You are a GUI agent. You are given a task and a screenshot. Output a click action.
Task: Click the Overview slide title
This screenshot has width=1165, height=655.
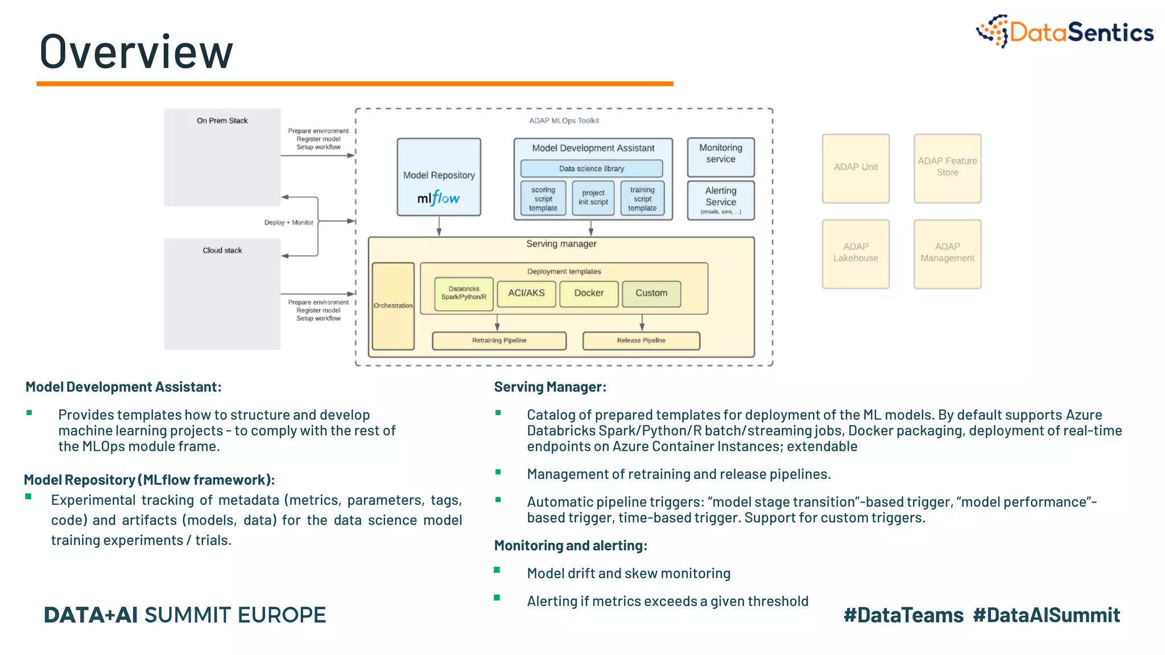click(x=137, y=52)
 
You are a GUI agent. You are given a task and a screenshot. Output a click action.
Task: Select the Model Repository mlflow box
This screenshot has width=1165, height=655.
click(x=439, y=177)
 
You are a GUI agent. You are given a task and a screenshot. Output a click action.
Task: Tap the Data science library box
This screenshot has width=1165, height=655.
click(x=591, y=168)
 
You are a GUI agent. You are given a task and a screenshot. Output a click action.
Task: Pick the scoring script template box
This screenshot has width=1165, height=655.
click(x=543, y=198)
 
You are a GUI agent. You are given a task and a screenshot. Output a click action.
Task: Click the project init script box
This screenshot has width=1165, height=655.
click(x=593, y=198)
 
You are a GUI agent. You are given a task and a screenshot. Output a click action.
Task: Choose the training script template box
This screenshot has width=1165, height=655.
click(x=642, y=198)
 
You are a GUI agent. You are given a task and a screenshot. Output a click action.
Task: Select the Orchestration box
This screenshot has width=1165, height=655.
click(x=393, y=306)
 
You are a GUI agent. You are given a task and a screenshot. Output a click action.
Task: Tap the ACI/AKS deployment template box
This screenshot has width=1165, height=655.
click(x=526, y=293)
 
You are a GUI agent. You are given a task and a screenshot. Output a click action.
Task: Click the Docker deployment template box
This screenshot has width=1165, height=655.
click(x=588, y=293)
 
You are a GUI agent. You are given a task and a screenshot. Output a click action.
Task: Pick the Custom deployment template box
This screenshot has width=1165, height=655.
click(x=651, y=293)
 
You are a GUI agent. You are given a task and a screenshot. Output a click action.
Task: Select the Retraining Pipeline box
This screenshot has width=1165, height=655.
click(x=499, y=341)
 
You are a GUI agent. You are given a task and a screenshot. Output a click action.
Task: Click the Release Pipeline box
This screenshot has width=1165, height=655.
click(x=641, y=341)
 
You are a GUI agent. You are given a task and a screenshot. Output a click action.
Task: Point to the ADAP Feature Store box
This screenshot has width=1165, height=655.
click(x=947, y=168)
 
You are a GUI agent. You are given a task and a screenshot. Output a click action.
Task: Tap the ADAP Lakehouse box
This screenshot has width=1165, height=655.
click(x=855, y=254)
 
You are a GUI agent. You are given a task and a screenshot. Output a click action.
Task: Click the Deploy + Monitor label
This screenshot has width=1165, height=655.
click(x=288, y=222)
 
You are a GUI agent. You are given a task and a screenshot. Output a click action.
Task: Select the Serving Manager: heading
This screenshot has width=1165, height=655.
click(x=550, y=387)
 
